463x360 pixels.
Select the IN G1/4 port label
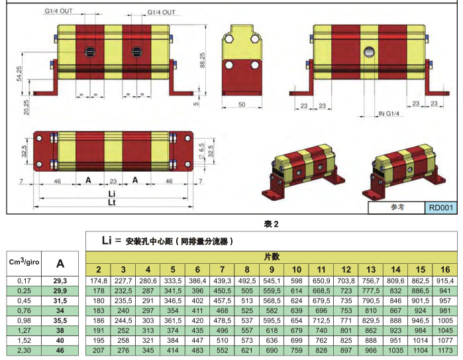(388, 114)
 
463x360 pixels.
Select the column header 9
(271, 269)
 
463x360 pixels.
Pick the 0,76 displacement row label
(24, 311)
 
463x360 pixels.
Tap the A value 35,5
(60, 320)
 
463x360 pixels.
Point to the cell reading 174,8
(98, 282)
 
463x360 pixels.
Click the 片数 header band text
(271, 256)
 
